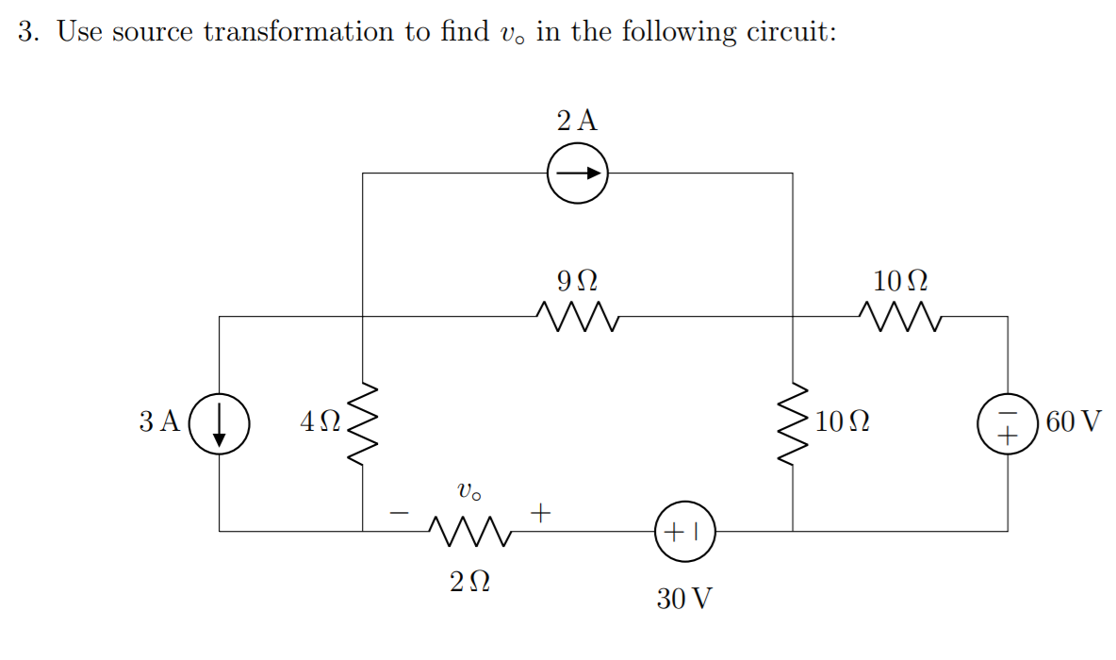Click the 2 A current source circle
click(x=578, y=173)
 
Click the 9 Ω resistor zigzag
click(x=577, y=318)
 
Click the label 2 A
click(x=577, y=121)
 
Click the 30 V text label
click(x=685, y=598)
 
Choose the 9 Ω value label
click(x=577, y=281)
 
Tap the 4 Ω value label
click(x=320, y=421)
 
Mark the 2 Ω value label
click(x=468, y=582)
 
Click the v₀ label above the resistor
click(x=468, y=492)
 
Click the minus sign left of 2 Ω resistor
click(x=400, y=514)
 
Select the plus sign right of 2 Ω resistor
click(x=539, y=514)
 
